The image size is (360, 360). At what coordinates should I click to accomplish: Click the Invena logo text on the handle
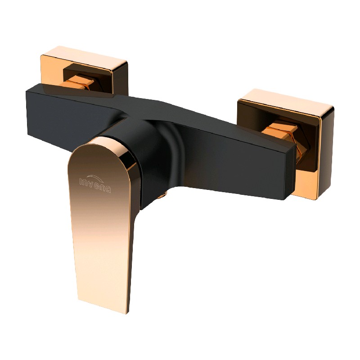[95, 184]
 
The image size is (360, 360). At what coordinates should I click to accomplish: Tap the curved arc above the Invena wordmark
[96, 177]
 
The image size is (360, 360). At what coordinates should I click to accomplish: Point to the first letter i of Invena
[81, 181]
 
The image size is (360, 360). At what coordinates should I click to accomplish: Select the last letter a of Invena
[108, 189]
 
